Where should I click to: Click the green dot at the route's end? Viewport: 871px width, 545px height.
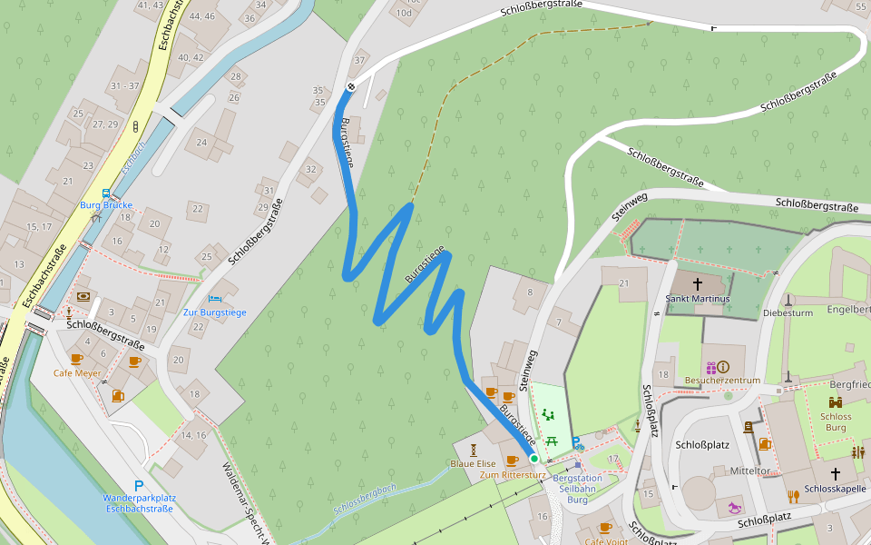click(533, 459)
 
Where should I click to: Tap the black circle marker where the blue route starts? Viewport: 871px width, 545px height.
click(351, 87)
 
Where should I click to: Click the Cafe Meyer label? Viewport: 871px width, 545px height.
click(77, 373)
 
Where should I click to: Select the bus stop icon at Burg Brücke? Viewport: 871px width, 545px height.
click(106, 193)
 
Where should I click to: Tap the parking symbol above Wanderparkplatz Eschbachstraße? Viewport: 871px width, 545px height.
click(139, 486)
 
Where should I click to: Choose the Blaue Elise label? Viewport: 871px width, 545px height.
click(473, 464)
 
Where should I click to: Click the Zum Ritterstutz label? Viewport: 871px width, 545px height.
click(513, 475)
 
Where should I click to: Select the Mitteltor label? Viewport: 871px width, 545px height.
click(749, 471)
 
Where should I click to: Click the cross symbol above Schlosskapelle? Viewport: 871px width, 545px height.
click(836, 473)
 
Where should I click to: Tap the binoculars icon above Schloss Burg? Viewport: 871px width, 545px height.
click(835, 402)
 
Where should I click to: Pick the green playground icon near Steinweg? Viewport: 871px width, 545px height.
click(547, 414)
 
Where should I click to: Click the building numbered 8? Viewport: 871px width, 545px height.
click(529, 292)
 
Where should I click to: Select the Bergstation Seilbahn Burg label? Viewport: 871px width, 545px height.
click(577, 489)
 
